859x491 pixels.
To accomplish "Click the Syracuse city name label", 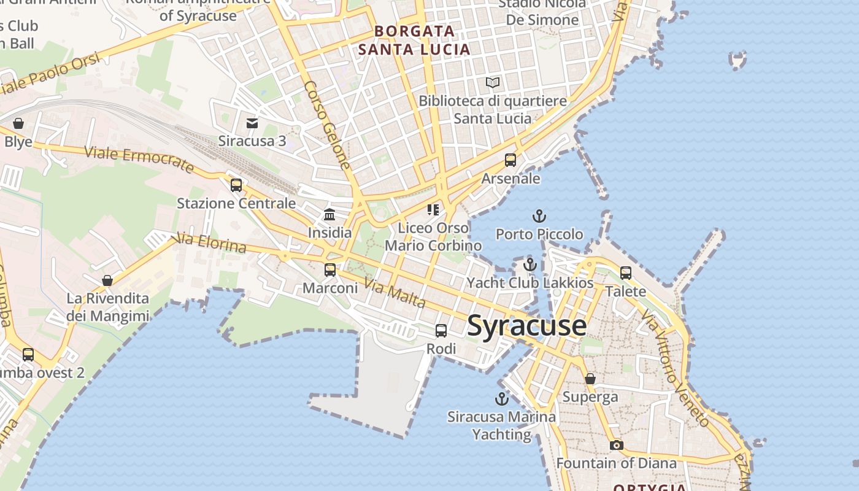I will click(526, 325).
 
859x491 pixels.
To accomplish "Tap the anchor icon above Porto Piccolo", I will click(539, 216).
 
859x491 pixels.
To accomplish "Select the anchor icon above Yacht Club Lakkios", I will click(530, 265).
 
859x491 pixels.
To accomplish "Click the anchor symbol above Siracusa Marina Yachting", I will click(502, 399).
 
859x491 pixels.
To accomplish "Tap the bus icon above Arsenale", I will click(510, 160).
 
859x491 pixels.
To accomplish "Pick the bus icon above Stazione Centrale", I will click(236, 185).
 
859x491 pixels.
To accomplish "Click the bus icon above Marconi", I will click(330, 269).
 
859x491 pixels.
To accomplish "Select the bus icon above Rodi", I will click(441, 331).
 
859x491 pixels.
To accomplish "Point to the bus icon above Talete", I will click(626, 273).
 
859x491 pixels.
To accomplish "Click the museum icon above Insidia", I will click(329, 214).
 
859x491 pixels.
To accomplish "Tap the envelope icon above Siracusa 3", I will click(252, 123).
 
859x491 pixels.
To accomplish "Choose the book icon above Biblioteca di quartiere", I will click(493, 82).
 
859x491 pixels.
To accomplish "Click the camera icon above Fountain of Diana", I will click(617, 445).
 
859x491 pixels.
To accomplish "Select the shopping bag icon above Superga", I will click(590, 379).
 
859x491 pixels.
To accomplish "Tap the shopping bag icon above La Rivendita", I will click(107, 280).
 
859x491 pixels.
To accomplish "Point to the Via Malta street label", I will click(395, 292).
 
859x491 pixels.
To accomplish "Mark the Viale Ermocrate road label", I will click(139, 160).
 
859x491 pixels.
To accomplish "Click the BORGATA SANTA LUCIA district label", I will click(415, 40).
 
